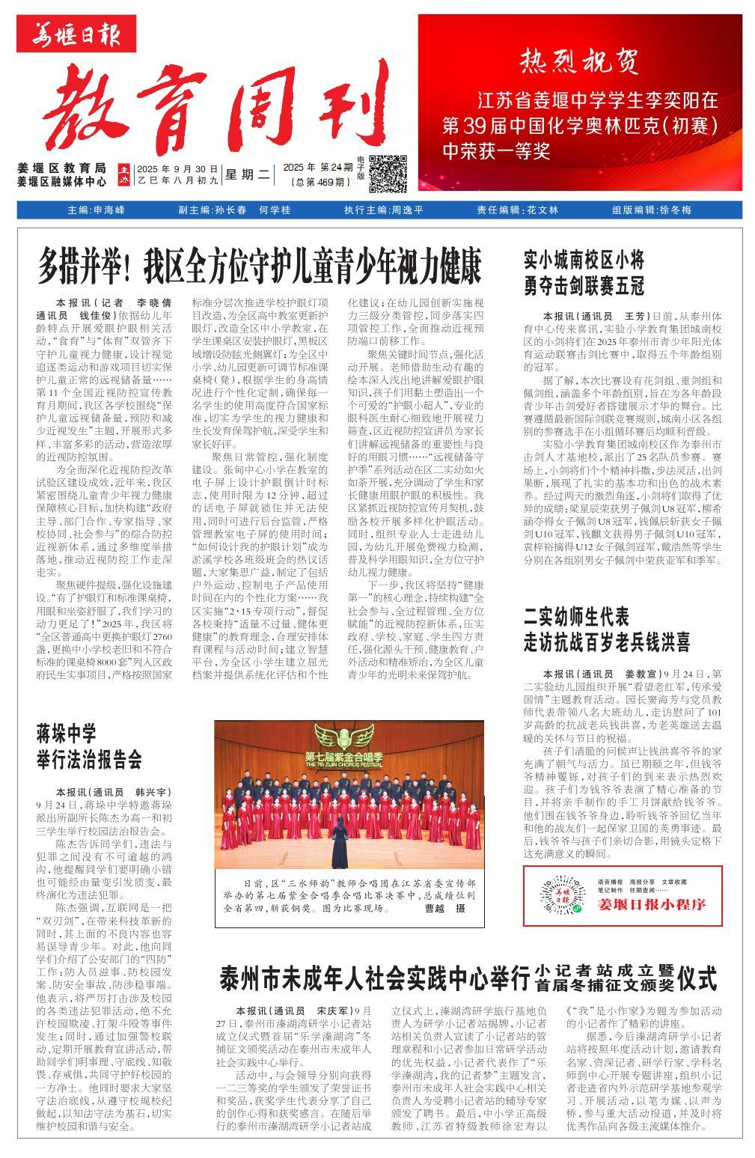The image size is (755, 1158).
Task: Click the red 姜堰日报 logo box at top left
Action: (78, 34)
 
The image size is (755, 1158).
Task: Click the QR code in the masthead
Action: (388, 174)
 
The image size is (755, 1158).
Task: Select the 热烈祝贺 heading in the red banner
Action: (580, 60)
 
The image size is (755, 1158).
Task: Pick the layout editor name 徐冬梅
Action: (675, 210)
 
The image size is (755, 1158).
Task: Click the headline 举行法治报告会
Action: (89, 760)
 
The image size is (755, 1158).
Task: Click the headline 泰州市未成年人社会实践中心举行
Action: (373, 978)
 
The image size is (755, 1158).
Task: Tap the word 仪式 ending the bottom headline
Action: (697, 978)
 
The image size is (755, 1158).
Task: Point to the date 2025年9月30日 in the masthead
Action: (177, 169)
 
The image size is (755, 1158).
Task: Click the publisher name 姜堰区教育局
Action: (61, 168)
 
